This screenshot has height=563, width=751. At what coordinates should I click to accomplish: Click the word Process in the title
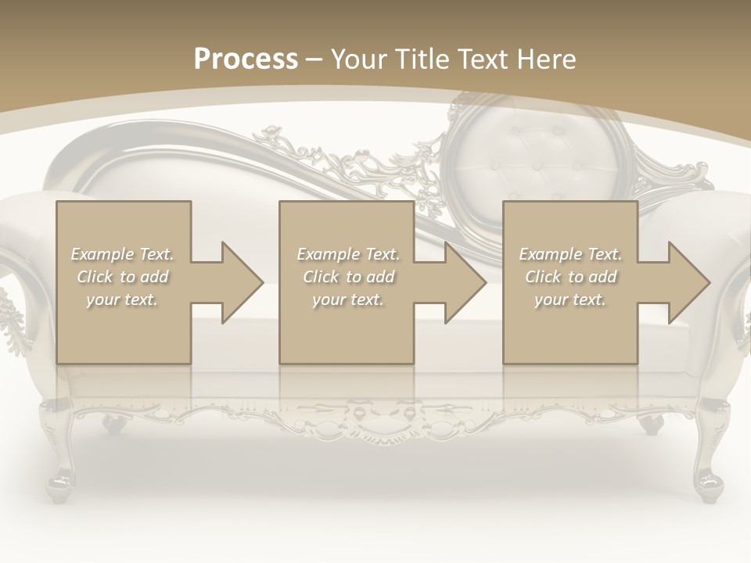click(246, 59)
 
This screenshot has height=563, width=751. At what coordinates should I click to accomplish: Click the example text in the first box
click(123, 277)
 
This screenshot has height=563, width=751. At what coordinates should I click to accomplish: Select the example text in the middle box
click(348, 277)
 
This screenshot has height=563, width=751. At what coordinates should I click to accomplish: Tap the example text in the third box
click(570, 277)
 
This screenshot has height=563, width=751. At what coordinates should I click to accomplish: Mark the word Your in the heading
click(357, 59)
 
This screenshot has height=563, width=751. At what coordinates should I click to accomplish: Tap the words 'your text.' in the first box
click(122, 299)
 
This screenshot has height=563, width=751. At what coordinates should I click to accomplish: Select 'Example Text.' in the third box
click(570, 254)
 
